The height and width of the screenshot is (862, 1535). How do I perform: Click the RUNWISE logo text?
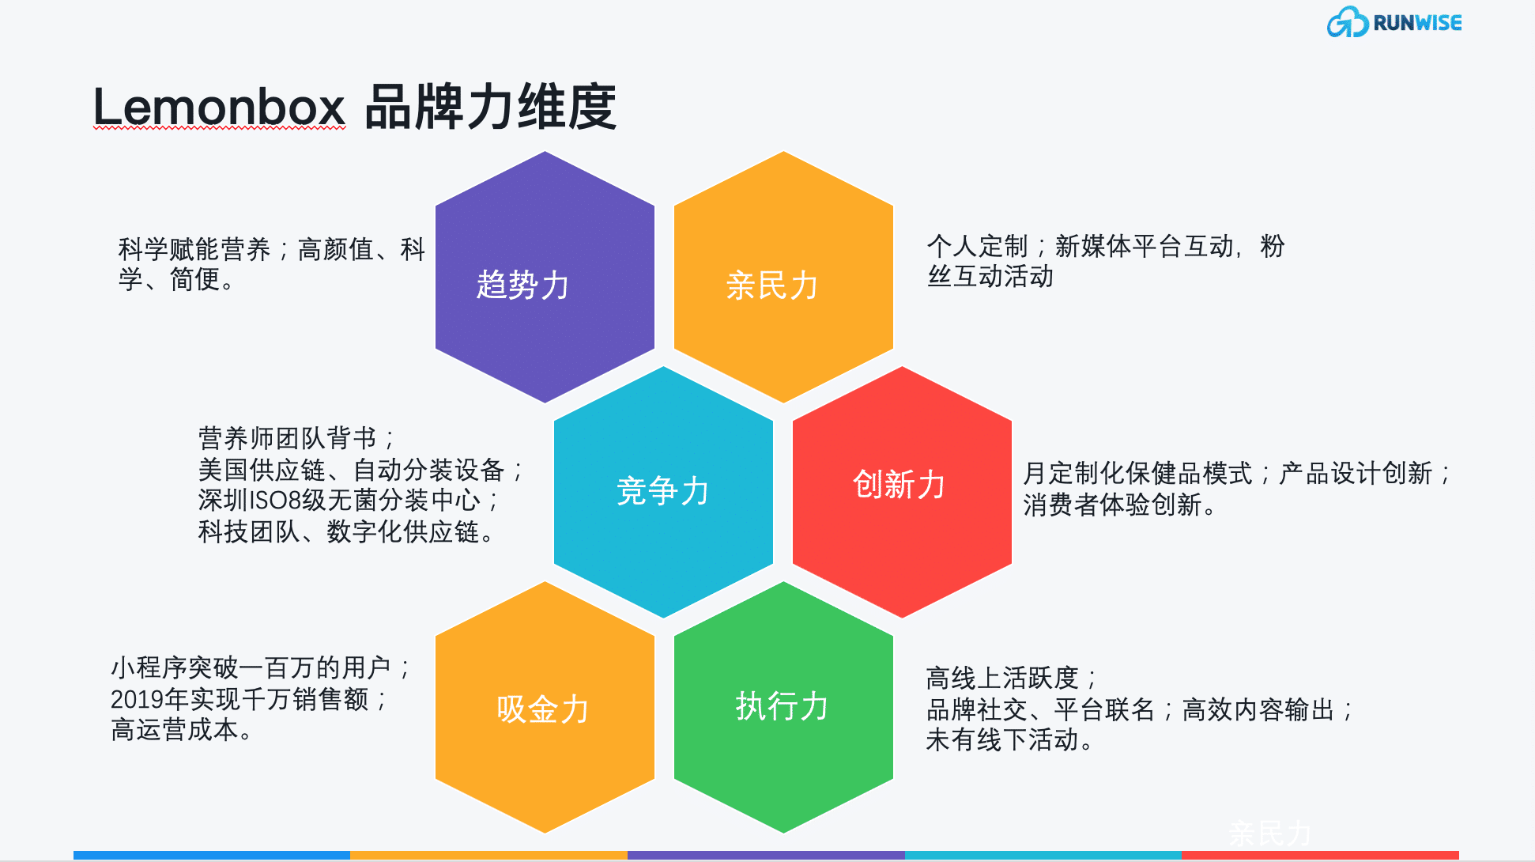(1417, 23)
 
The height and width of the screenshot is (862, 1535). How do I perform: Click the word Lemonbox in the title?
(219, 107)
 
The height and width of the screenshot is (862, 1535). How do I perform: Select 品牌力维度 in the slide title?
(490, 107)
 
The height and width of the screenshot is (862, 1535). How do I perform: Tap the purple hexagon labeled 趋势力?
(545, 277)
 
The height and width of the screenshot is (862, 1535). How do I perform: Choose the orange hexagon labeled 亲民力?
(783, 277)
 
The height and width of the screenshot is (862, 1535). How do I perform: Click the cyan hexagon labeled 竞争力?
(663, 492)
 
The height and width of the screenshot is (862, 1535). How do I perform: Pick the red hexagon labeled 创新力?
(902, 492)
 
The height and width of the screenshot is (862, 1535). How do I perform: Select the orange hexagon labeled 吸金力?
(545, 707)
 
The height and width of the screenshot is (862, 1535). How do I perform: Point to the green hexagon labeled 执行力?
(783, 707)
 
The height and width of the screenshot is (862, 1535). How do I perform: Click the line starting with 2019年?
(248, 699)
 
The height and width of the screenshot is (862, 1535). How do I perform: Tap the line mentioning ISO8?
(348, 501)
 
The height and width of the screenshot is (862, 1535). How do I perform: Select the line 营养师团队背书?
(296, 438)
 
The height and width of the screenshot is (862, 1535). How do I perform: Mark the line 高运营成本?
(181, 730)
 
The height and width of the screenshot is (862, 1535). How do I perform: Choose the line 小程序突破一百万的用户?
(260, 668)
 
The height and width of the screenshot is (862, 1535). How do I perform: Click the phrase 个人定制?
(977, 246)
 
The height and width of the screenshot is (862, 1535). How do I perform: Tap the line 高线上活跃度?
(1010, 679)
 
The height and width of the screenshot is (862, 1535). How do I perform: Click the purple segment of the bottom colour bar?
(766, 855)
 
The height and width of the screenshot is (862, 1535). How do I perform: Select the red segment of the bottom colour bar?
(1320, 855)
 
